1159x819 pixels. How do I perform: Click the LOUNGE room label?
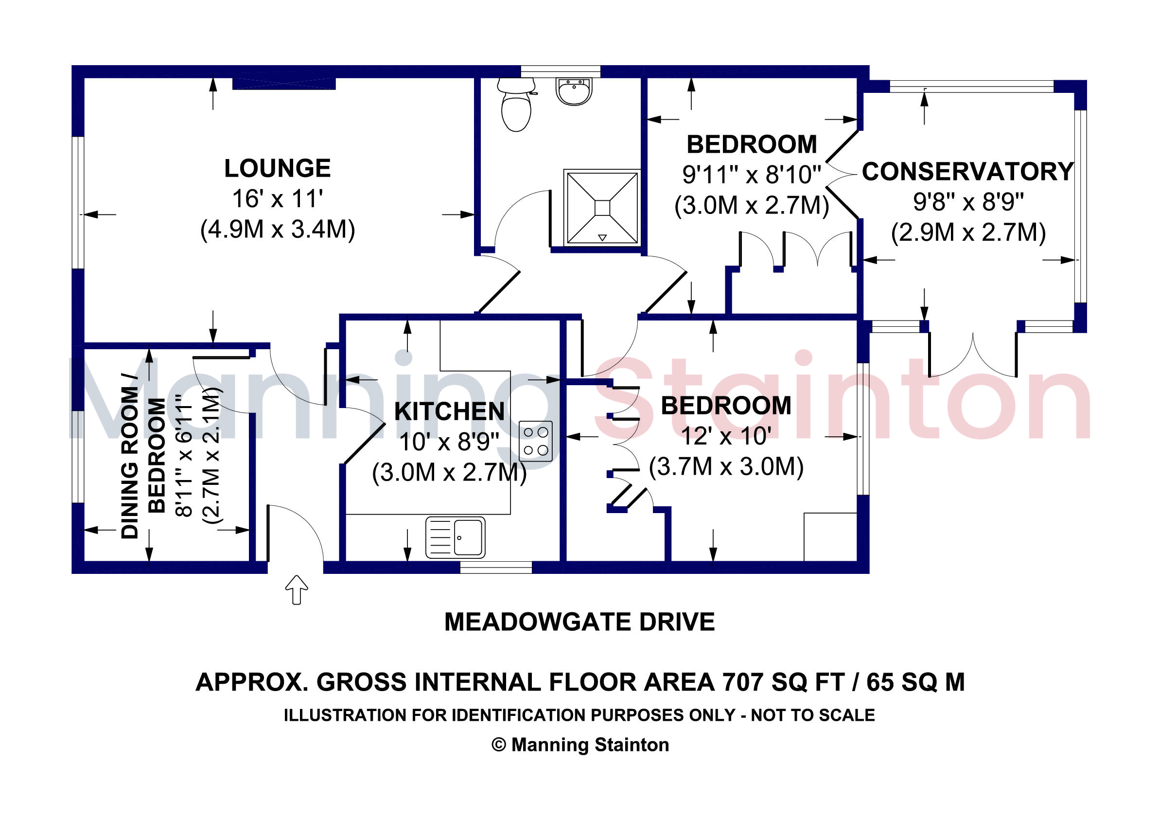tap(277, 168)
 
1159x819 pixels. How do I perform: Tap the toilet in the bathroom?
tap(515, 105)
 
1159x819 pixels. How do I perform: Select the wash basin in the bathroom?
tap(574, 91)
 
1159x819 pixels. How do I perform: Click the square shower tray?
tap(602, 208)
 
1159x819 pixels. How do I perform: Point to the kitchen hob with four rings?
tap(536, 441)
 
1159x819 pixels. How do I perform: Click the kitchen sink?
tap(456, 537)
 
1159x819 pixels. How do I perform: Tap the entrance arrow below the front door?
tap(297, 589)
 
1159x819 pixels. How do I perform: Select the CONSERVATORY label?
tap(967, 171)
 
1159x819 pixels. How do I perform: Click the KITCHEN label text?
tap(449, 411)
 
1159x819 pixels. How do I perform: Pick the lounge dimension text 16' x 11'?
tap(277, 198)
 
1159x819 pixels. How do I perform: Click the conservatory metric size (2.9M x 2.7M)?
tap(968, 232)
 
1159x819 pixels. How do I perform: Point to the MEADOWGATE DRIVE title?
tap(579, 622)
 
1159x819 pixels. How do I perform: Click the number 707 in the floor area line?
tap(742, 682)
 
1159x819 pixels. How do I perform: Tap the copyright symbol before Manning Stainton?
tap(499, 745)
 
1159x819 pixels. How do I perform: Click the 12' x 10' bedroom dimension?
tap(726, 436)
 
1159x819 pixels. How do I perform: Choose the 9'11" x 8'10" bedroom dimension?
tap(752, 175)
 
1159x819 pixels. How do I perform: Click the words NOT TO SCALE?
tap(813, 715)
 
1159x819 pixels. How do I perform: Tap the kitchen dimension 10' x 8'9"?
tap(449, 442)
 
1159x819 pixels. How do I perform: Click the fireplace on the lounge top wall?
tap(284, 84)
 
